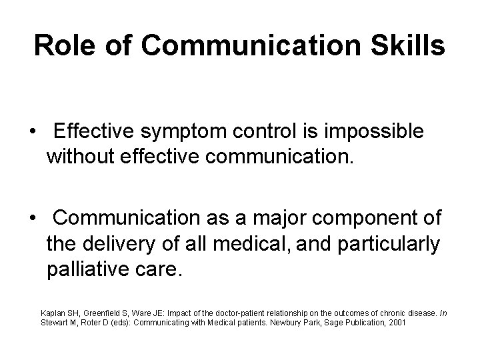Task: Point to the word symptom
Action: coord(194,132)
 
